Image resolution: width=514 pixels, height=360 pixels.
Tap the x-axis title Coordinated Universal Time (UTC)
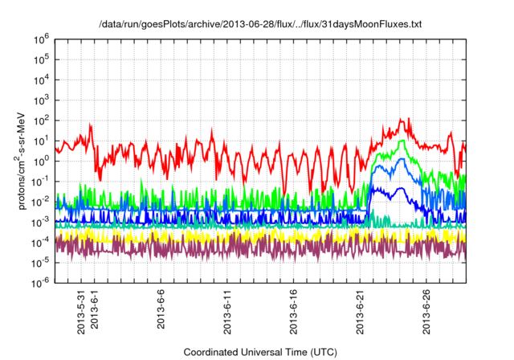click(260, 352)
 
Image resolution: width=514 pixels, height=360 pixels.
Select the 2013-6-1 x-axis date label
click(95, 309)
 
